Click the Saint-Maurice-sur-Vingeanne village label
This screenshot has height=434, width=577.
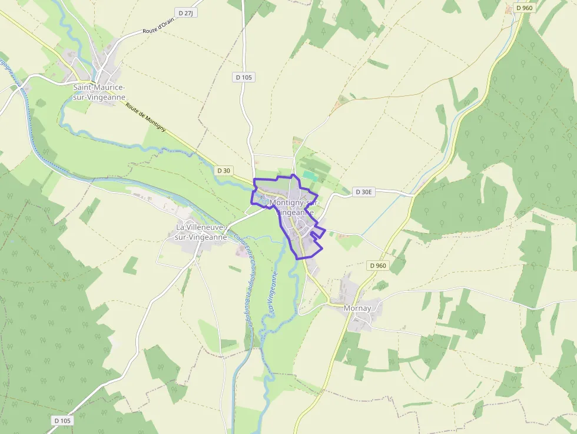pyautogui.click(x=99, y=92)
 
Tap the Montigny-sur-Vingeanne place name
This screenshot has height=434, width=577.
pyautogui.click(x=293, y=207)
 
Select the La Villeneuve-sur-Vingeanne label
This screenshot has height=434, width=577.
pyautogui.click(x=201, y=232)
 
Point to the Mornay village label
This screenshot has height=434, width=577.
pyautogui.click(x=358, y=308)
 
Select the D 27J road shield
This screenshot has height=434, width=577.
pyautogui.click(x=185, y=12)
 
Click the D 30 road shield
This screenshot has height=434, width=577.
pyautogui.click(x=224, y=170)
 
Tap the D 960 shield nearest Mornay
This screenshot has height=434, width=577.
pyautogui.click(x=378, y=266)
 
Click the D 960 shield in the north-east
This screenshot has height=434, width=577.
pyautogui.click(x=524, y=8)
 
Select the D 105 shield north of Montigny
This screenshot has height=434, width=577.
pyautogui.click(x=244, y=77)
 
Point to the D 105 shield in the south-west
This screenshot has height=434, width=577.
pyautogui.click(x=62, y=420)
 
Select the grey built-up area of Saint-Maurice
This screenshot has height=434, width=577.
pyautogui.click(x=103, y=74)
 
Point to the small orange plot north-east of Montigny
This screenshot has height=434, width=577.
pyautogui.click(x=340, y=104)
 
